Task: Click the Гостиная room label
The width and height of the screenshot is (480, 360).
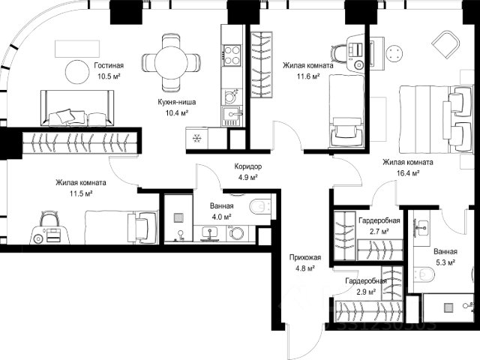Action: pyautogui.click(x=109, y=65)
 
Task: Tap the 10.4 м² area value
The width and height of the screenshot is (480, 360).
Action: pyautogui.click(x=177, y=113)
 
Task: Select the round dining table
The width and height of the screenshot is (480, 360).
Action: pyautogui.click(x=171, y=63)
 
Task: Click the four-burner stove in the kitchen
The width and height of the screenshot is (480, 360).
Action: pyautogui.click(x=232, y=55)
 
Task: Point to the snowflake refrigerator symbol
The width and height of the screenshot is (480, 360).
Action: pyautogui.click(x=196, y=139)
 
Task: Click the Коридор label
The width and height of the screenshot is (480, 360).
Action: pyautogui.click(x=248, y=166)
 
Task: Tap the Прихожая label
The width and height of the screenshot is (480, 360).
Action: pyautogui.click(x=305, y=257)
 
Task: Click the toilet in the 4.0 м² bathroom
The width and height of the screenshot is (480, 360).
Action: pyautogui.click(x=259, y=207)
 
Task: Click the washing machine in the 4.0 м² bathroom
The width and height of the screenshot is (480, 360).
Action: pyautogui.click(x=236, y=233)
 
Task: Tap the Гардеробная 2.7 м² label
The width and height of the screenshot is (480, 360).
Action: pyautogui.click(x=379, y=226)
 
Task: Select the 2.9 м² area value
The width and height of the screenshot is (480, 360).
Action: pyautogui.click(x=366, y=292)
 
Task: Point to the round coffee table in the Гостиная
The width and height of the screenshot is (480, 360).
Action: pyautogui.click(x=77, y=72)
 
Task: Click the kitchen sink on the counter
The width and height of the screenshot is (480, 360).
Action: pyautogui.click(x=232, y=115)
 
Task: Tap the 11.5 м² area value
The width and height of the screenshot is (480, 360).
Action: pyautogui.click(x=81, y=193)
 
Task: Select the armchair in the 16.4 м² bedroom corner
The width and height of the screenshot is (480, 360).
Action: pyautogui.click(x=445, y=44)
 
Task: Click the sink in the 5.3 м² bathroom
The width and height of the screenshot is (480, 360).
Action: pyautogui.click(x=423, y=226)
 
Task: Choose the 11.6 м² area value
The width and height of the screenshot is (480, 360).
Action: pyautogui.click(x=308, y=76)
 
